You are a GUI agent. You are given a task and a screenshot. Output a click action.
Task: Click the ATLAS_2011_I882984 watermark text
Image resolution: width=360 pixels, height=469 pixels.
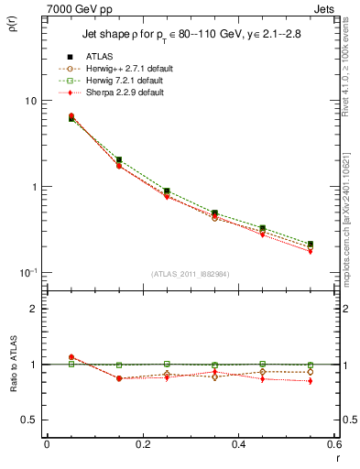pyautogui.click(x=190, y=274)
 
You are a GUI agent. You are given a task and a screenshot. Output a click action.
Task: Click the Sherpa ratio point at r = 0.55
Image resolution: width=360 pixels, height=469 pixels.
pyautogui.click(x=311, y=381)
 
